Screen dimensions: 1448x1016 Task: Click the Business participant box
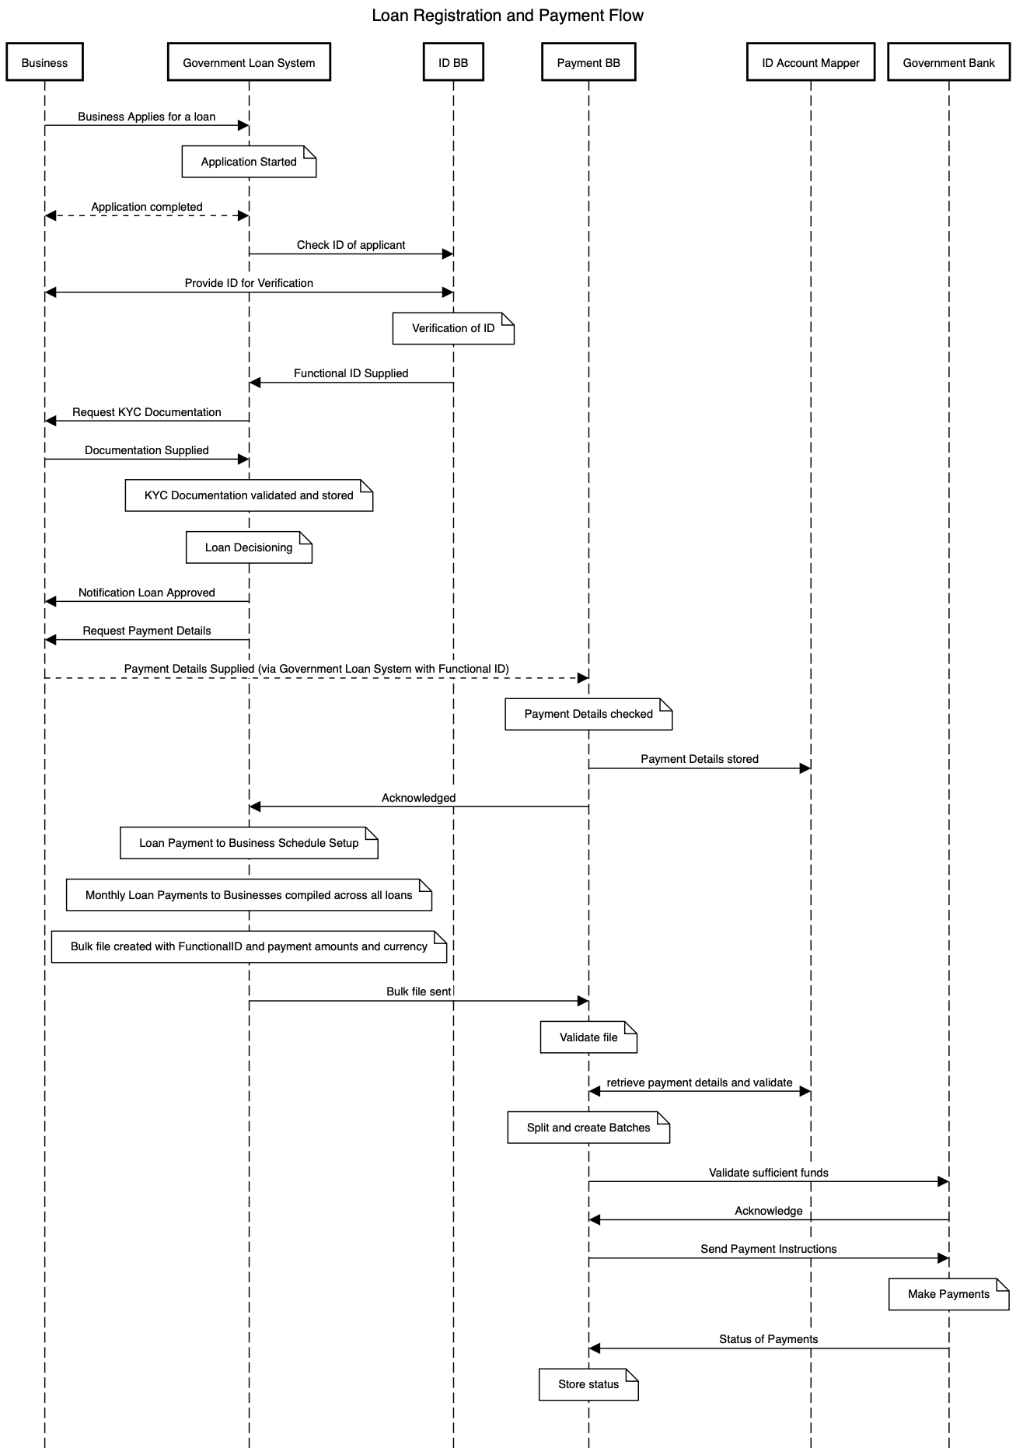(44, 63)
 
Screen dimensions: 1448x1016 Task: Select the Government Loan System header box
(249, 63)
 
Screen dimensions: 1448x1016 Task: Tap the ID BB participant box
(453, 63)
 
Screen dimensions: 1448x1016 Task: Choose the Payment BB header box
(588, 63)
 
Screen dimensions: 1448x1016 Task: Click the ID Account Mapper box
(811, 63)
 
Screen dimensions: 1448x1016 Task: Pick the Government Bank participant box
(948, 63)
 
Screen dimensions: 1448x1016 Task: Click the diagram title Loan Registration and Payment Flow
(508, 16)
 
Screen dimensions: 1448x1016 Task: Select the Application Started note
(249, 162)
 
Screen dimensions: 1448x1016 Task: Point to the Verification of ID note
(453, 328)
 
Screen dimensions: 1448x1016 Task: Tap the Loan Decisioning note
(249, 547)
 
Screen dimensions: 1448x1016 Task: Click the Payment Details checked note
(588, 714)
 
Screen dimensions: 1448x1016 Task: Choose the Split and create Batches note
(588, 1128)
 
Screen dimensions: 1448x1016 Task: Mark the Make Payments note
(948, 1294)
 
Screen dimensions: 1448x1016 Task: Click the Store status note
(588, 1384)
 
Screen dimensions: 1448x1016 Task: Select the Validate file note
(588, 1037)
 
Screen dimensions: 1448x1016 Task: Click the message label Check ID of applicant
(351, 245)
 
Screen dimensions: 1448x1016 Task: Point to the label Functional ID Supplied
(351, 373)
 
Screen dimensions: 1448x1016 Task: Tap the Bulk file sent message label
(418, 992)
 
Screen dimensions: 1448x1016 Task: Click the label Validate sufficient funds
(768, 1173)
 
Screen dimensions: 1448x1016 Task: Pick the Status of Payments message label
(768, 1339)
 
